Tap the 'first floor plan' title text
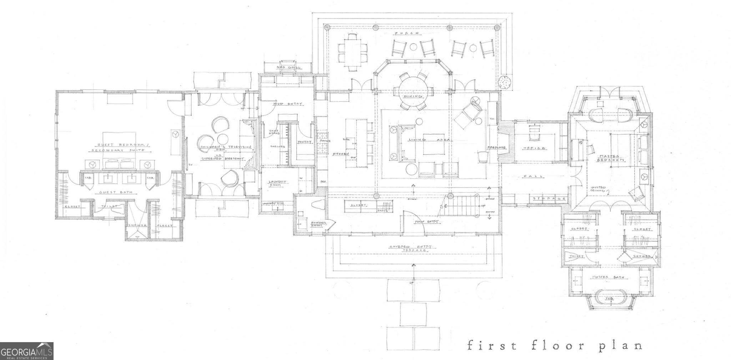point(555,346)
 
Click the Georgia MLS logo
point(26,350)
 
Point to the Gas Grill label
point(288,67)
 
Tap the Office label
point(534,148)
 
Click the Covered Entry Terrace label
point(411,248)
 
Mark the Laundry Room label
point(278,183)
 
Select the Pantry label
point(304,142)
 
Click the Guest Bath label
point(111,192)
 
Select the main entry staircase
point(460,206)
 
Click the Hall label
point(533,176)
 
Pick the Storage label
point(549,199)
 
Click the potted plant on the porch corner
point(505,82)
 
